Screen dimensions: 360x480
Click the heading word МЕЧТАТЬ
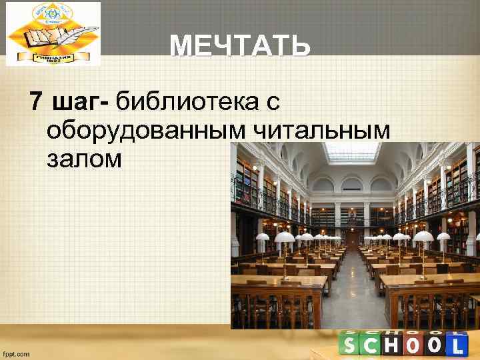[x=240, y=47]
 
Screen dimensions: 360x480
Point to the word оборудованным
[x=143, y=130]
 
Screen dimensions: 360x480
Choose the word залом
[x=85, y=159]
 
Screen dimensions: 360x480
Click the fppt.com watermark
[x=17, y=354]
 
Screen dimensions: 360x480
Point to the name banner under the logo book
[x=53, y=59]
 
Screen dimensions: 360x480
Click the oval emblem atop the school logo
[x=53, y=13]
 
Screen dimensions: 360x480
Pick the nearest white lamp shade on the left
[x=285, y=237]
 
